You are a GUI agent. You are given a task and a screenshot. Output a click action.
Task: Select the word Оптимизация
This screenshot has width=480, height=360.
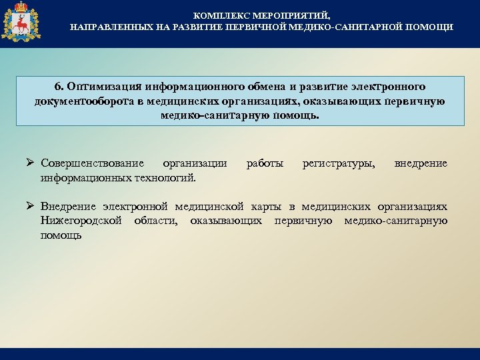[99, 87]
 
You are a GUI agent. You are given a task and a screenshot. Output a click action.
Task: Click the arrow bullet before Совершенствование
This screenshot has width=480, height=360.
[31, 163]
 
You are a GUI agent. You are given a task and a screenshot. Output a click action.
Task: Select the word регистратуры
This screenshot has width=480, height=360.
[339, 163]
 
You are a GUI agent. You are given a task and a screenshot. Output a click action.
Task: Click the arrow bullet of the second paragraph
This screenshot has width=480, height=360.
[31, 206]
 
